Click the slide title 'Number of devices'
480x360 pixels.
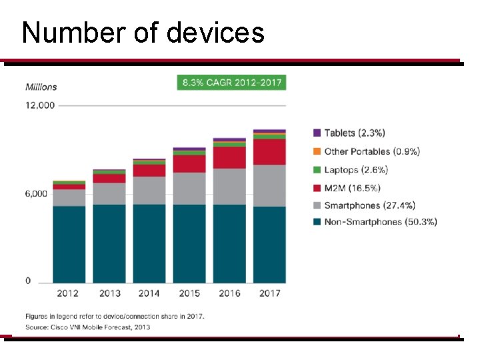(x=143, y=32)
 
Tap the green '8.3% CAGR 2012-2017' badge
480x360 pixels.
(x=231, y=83)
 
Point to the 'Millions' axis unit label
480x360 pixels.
(x=41, y=87)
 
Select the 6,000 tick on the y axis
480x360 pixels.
(x=37, y=194)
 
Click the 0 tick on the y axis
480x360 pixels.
(x=28, y=281)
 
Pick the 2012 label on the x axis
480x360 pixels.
(x=68, y=293)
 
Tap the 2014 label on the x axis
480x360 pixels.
(x=149, y=293)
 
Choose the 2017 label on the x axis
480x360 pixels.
(x=269, y=293)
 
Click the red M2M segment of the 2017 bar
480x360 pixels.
(x=269, y=152)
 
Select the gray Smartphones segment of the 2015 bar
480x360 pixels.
(x=189, y=188)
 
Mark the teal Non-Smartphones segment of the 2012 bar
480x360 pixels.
(x=69, y=244)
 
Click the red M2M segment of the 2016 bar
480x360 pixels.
(x=229, y=157)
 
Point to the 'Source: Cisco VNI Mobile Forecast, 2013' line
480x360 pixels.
(x=88, y=327)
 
